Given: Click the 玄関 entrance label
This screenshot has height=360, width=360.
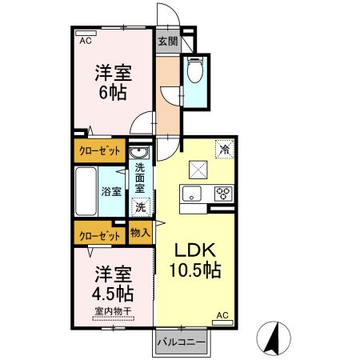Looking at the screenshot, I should (x=166, y=41).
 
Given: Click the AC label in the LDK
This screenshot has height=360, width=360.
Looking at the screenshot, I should (x=223, y=317).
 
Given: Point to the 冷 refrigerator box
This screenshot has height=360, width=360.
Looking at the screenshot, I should (x=225, y=149).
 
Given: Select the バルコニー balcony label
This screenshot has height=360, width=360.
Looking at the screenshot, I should (x=182, y=342).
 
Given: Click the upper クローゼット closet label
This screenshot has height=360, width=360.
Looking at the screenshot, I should (x=101, y=150).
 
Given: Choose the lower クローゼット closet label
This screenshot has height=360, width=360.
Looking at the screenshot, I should (x=101, y=235).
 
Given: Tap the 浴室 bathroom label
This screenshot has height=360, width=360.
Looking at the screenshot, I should (x=112, y=192).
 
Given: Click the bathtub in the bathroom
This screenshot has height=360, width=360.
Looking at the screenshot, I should (x=86, y=192).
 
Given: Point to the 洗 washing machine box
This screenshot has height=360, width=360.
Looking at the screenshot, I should (x=141, y=207).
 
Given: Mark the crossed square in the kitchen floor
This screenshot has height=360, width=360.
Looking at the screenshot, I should (x=197, y=170).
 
